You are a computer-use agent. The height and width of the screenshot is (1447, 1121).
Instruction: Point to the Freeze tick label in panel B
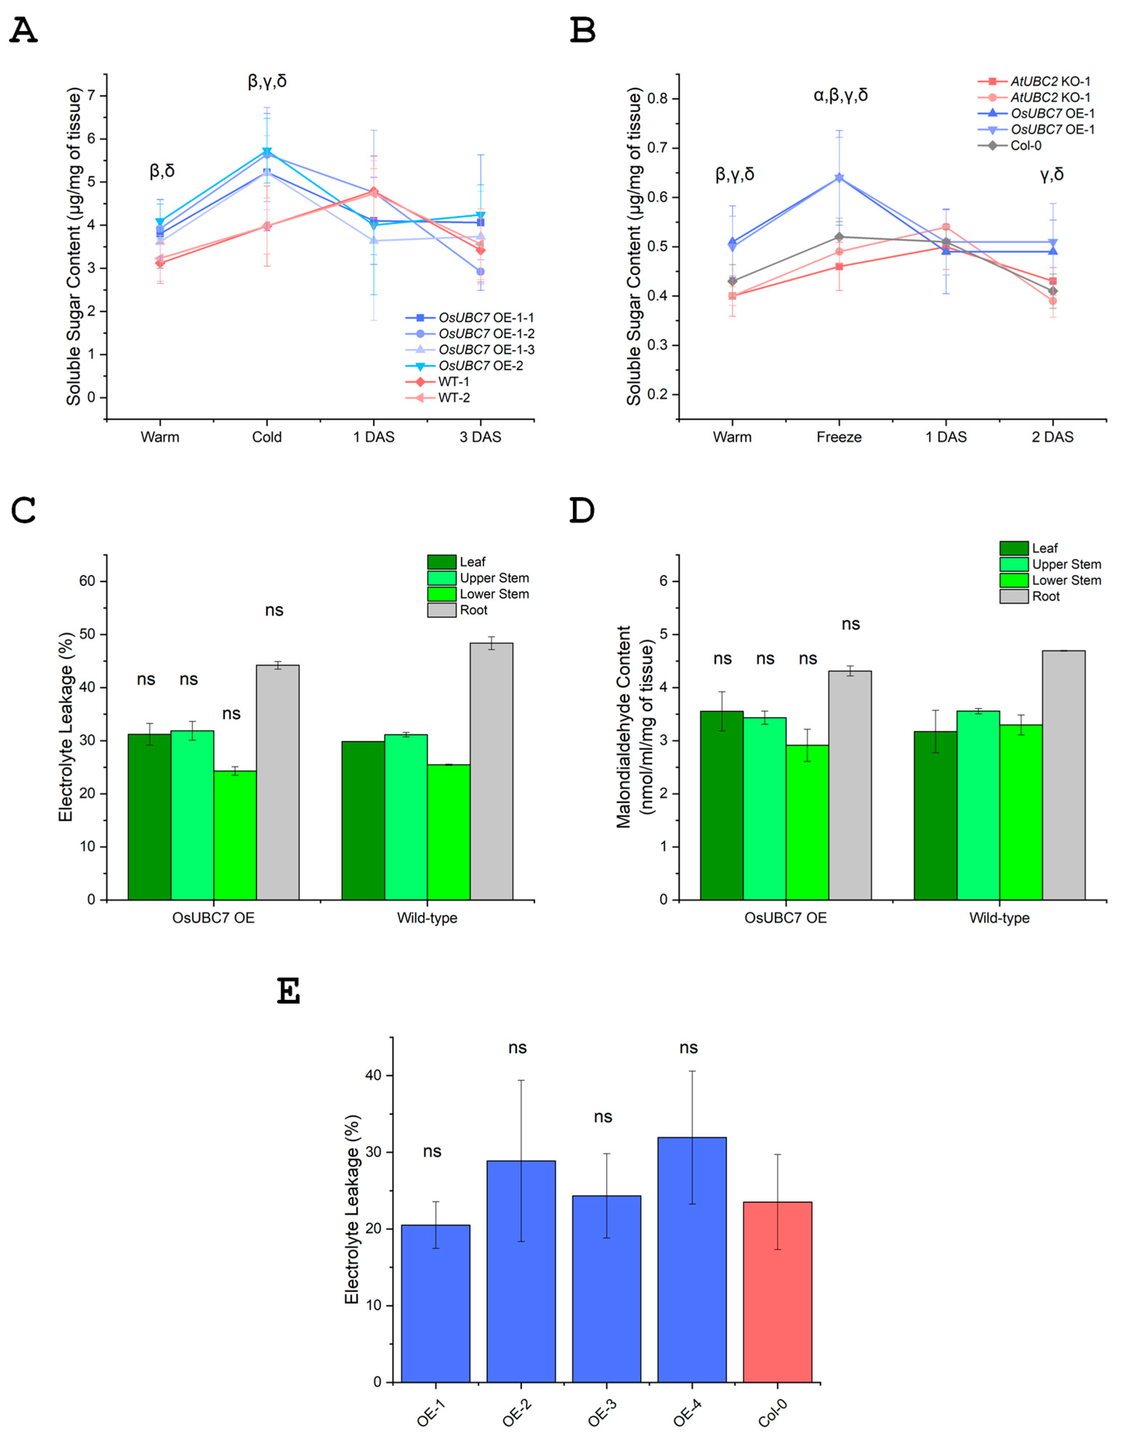pos(839,437)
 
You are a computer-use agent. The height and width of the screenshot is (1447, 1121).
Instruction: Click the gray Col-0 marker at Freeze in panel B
pos(839,237)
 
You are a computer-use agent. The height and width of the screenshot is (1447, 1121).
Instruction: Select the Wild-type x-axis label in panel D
pos(999,918)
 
